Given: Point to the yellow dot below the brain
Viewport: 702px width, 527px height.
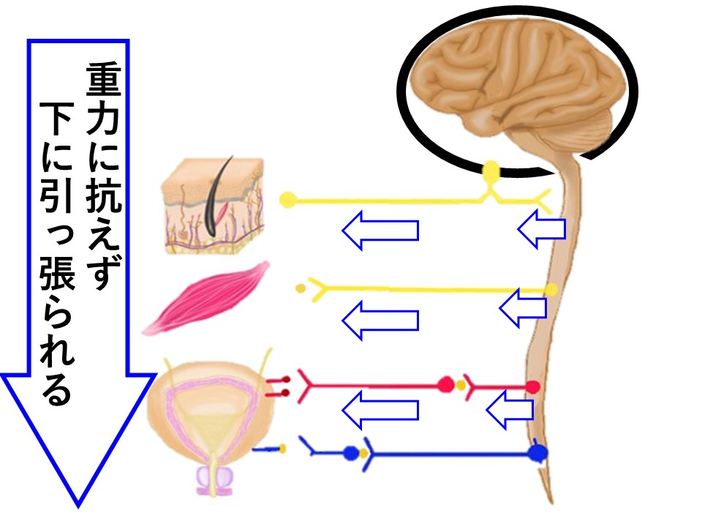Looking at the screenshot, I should pyautogui.click(x=491, y=171).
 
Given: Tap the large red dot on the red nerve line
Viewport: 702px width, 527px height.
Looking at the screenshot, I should pyautogui.click(x=445, y=384).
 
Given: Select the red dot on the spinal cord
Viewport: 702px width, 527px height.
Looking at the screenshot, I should pyautogui.click(x=533, y=385).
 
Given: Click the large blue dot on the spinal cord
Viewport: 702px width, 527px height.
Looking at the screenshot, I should pyautogui.click(x=539, y=453).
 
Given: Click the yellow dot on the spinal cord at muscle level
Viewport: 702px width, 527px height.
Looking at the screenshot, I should pyautogui.click(x=551, y=290).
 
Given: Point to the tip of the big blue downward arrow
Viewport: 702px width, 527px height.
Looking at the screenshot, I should pyautogui.click(x=77, y=504).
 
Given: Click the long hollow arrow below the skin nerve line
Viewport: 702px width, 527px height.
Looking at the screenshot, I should pyautogui.click(x=380, y=231).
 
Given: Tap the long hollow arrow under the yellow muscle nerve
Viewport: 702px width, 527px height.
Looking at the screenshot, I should pyautogui.click(x=380, y=321).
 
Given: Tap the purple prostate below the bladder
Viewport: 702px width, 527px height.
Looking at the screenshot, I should pyautogui.click(x=213, y=479).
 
